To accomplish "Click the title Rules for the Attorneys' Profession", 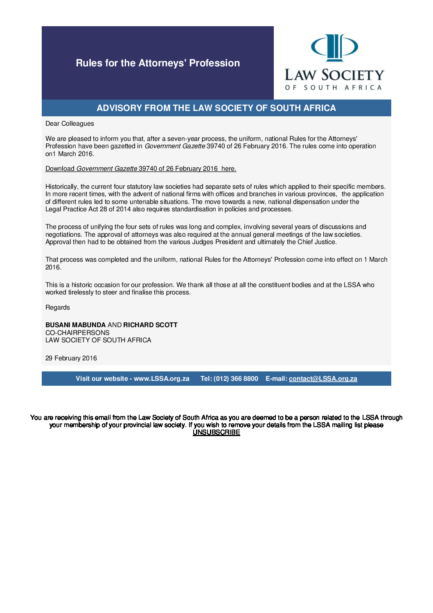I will (158, 63).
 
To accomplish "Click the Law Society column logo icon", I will (334, 47).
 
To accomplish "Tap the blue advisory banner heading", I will (216, 108).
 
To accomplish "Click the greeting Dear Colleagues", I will (70, 124).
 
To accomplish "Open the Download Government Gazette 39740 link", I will (141, 169).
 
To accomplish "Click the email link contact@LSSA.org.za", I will (323, 379).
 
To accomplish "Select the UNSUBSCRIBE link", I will (216, 432).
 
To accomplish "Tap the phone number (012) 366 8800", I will (236, 379).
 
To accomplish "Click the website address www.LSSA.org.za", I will (162, 379).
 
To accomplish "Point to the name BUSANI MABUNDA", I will (75, 325).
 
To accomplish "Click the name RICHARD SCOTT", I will (150, 325).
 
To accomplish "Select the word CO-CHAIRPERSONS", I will (77, 333).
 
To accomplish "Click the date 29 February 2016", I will (71, 358).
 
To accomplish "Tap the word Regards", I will (58, 308).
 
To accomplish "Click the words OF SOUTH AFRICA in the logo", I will (334, 88).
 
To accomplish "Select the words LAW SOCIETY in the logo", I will (334, 75).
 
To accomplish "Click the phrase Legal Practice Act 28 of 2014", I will (88, 209).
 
